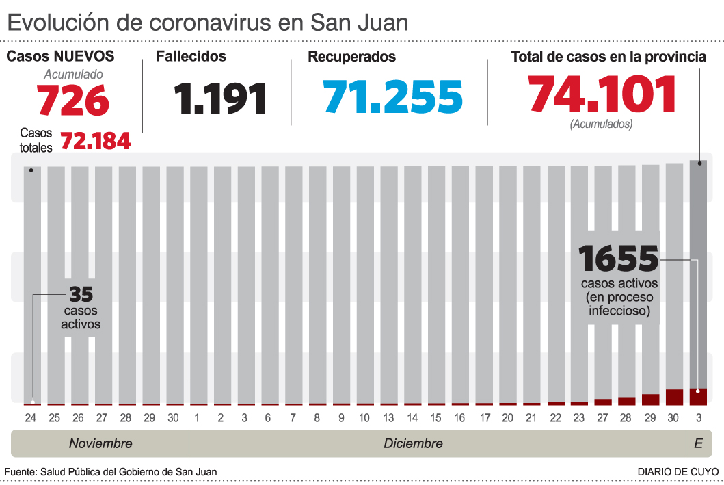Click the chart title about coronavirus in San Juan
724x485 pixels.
pyautogui.click(x=207, y=22)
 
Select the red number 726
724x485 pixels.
pyautogui.click(x=73, y=100)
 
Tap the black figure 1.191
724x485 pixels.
pyautogui.click(x=219, y=98)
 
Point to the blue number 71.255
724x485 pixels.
pyautogui.click(x=393, y=96)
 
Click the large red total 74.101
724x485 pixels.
pyautogui.click(x=602, y=93)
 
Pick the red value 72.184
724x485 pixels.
pyautogui.click(x=96, y=141)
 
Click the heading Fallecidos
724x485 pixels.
pyautogui.click(x=191, y=57)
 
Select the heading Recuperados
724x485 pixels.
pyautogui.click(x=351, y=57)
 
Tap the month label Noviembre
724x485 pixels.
pyautogui.click(x=100, y=443)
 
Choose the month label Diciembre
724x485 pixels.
pyautogui.click(x=413, y=443)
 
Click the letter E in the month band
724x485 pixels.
pyautogui.click(x=698, y=443)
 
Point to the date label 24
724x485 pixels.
pyautogui.click(x=31, y=417)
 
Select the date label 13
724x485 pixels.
pyautogui.click(x=388, y=417)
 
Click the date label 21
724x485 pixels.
pyautogui.click(x=531, y=417)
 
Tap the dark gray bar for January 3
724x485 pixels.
pyautogui.click(x=698, y=274)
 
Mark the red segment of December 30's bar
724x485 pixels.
pyautogui.click(x=674, y=397)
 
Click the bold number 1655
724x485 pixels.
pyautogui.click(x=618, y=259)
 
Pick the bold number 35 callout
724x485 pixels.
pyautogui.click(x=81, y=294)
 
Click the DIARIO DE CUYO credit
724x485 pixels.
pyautogui.click(x=678, y=472)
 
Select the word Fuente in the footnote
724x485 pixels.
pyautogui.click(x=20, y=472)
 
